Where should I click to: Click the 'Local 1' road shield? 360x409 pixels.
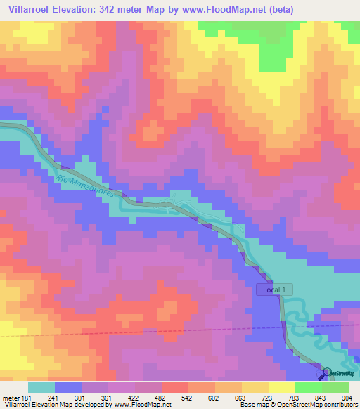(x=274, y=290)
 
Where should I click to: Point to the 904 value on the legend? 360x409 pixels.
(x=347, y=397)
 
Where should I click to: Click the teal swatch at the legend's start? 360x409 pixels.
(x=41, y=387)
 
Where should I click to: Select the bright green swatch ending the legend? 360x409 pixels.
(x=335, y=387)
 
